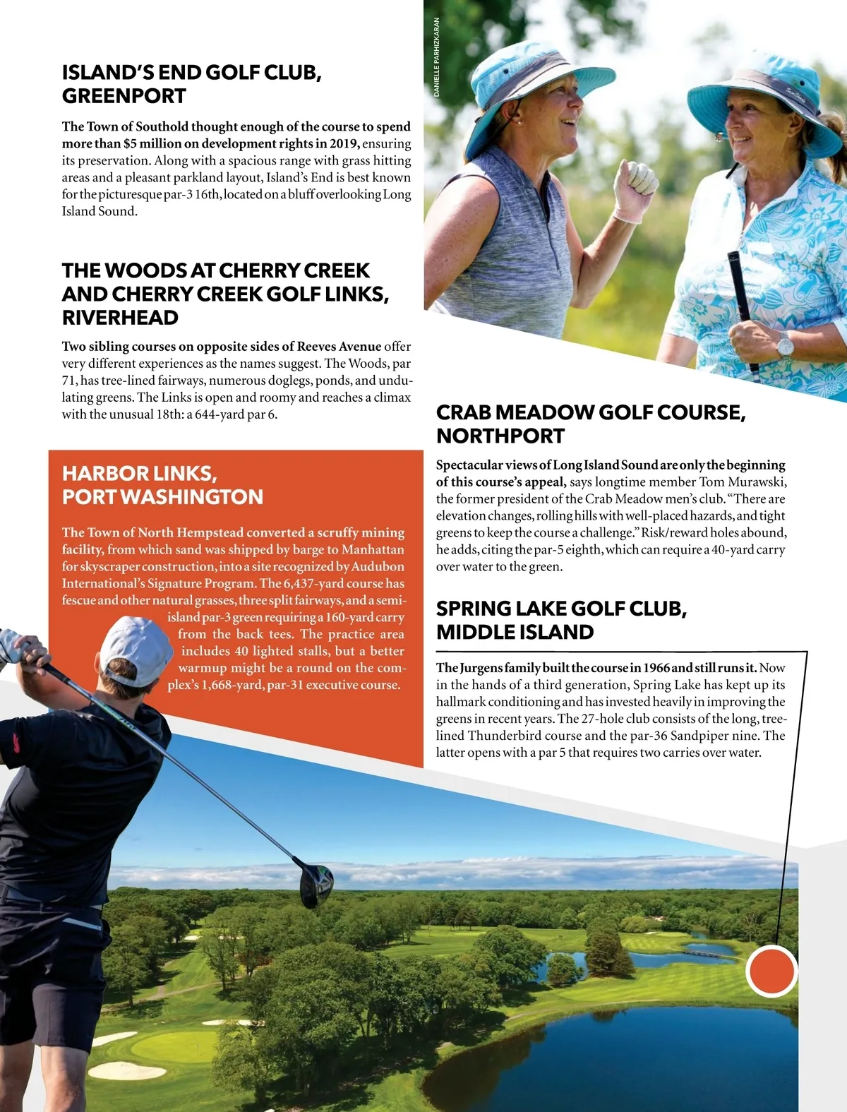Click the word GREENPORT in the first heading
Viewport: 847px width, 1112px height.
(x=124, y=96)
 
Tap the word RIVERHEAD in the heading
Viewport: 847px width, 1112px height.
(x=120, y=318)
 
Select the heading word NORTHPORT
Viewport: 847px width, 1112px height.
(x=500, y=436)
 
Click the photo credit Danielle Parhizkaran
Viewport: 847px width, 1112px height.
(x=437, y=57)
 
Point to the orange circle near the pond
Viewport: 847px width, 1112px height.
(x=771, y=971)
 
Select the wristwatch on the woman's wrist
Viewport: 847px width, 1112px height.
(x=784, y=347)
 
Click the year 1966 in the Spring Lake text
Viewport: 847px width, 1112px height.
(x=657, y=668)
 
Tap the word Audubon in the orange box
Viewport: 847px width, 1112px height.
(x=378, y=566)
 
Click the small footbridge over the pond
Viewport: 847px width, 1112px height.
(x=709, y=952)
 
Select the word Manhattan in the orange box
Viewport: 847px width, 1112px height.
(x=373, y=549)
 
